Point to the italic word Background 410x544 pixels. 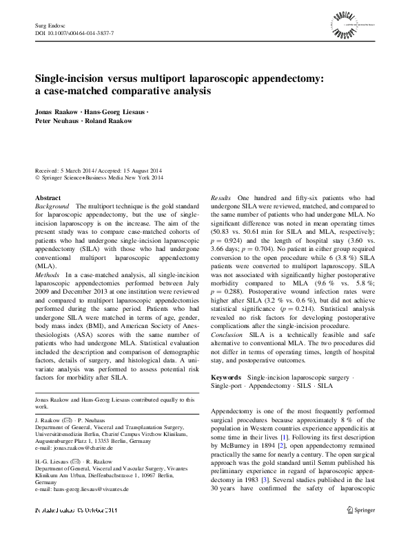(x=52, y=206)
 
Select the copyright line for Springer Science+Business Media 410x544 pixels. (x=99, y=177)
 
